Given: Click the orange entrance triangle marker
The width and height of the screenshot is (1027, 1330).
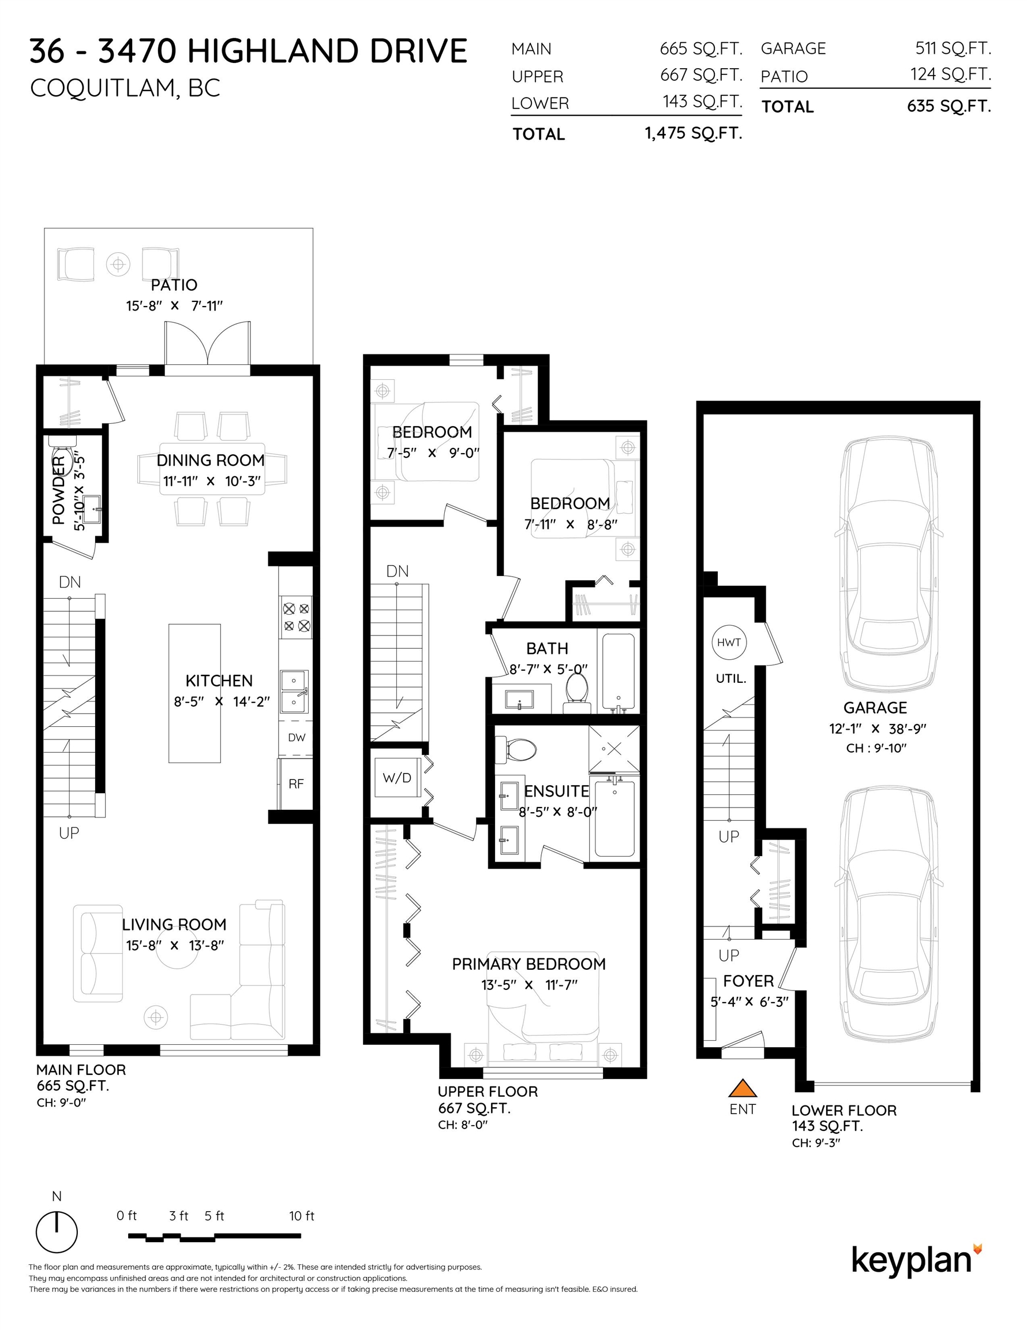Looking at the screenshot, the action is (x=742, y=1088).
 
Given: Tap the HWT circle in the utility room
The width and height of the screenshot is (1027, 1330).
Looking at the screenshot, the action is (x=729, y=642).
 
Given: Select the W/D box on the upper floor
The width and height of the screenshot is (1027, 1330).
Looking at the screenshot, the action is (x=397, y=778).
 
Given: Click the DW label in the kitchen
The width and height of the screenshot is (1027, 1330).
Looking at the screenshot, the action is (x=297, y=738).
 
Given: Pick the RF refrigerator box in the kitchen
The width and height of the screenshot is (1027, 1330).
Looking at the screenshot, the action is (x=296, y=784).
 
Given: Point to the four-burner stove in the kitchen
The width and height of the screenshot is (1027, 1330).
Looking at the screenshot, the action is (x=296, y=617).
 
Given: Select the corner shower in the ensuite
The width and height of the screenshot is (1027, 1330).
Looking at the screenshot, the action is (x=614, y=749).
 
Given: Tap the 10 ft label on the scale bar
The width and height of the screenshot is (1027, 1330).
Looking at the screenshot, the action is (x=301, y=1216).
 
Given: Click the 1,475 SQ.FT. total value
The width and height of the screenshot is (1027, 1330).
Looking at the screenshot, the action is (x=694, y=133).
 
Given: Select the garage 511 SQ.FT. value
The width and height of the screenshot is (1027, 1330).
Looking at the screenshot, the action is (x=953, y=48).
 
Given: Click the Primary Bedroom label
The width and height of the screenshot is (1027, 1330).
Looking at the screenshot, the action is (x=529, y=964).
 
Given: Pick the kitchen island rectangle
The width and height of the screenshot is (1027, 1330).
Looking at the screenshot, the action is (x=195, y=693).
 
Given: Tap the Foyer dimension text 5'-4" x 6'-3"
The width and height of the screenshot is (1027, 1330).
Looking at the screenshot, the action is (x=749, y=1002).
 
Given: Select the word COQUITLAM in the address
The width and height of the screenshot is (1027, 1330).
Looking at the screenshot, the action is (x=102, y=88).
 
